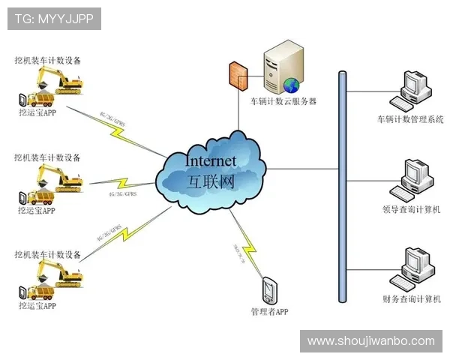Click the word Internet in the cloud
[x=210, y=160]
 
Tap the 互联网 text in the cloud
[x=210, y=180]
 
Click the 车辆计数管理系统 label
[x=410, y=119]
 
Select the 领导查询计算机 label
[x=410, y=208]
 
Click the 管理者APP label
[x=270, y=310]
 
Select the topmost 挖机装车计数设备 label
[x=47, y=59]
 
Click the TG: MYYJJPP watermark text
[x=54, y=19]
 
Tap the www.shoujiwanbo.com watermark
[x=371, y=341]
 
